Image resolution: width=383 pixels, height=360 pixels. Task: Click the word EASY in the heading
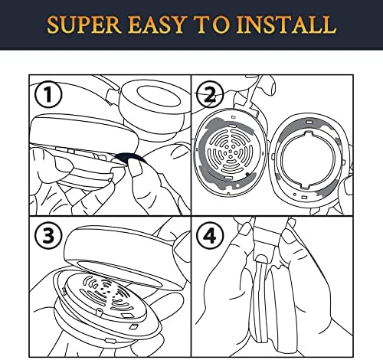click(x=156, y=25)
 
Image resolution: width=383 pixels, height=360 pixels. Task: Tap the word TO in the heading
click(x=211, y=25)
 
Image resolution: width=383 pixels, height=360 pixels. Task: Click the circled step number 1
click(x=48, y=95)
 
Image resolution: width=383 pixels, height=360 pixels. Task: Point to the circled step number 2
click(x=211, y=96)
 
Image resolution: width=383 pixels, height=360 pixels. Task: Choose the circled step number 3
click(x=48, y=235)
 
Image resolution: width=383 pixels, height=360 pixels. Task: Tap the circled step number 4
click(x=211, y=236)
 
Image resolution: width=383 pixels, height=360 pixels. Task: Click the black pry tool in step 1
click(x=129, y=157)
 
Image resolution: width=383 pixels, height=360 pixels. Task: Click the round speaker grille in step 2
click(x=231, y=152)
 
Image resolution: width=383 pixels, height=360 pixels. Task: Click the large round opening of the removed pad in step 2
click(x=308, y=159)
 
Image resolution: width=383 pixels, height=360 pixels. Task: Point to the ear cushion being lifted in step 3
click(x=123, y=259)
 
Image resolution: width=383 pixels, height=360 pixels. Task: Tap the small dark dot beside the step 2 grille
click(x=247, y=174)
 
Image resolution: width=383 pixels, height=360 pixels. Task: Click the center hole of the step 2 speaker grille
click(x=231, y=152)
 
